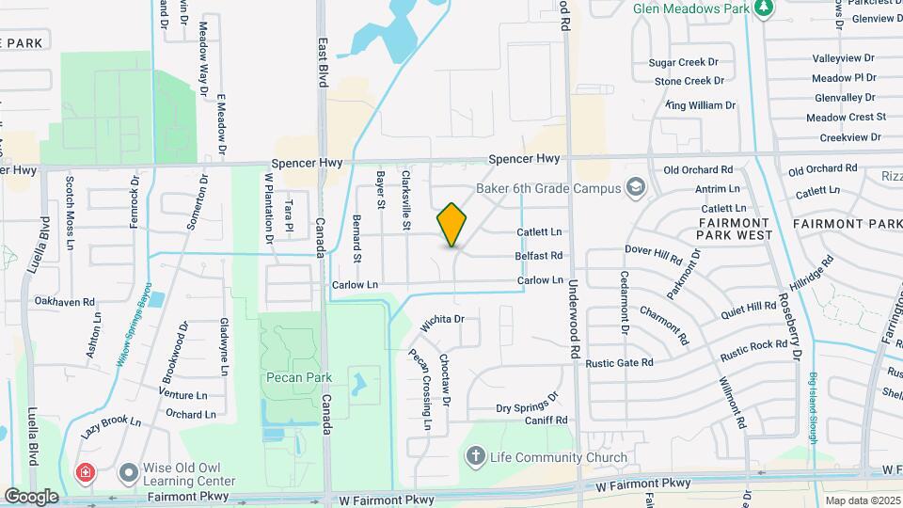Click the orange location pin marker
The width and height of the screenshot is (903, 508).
click(452, 225)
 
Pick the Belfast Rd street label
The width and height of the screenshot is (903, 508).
click(539, 256)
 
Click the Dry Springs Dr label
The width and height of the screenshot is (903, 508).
click(528, 405)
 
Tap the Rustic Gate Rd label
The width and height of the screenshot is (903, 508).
click(618, 362)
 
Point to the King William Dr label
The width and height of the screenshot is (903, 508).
click(700, 105)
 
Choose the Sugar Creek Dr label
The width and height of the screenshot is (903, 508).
click(684, 62)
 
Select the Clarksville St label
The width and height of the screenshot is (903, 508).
click(407, 200)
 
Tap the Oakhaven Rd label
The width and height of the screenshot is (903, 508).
click(65, 302)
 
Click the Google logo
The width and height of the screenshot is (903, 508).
click(31, 496)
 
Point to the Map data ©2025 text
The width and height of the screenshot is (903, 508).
click(861, 500)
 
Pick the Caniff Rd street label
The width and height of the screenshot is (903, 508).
click(547, 421)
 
